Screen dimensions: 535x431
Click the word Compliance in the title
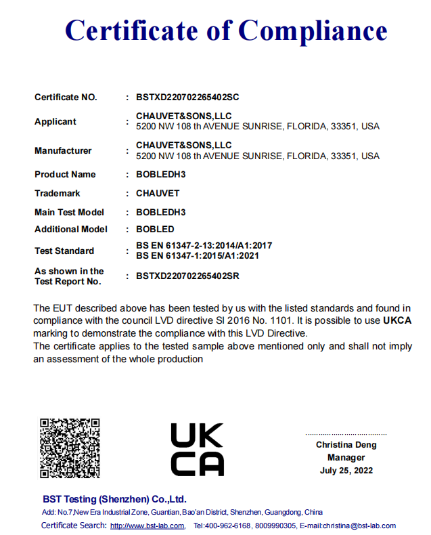(x=313, y=30)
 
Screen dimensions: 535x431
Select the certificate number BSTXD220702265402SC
(x=187, y=97)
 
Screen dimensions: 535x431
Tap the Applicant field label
(x=55, y=122)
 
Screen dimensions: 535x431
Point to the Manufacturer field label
(x=63, y=150)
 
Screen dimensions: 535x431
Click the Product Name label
(x=65, y=175)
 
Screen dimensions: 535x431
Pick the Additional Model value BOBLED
(x=155, y=230)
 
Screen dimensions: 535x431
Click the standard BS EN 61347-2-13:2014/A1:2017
(x=204, y=246)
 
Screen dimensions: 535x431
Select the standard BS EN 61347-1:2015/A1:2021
(x=197, y=255)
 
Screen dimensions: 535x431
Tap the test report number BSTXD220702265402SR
(x=187, y=276)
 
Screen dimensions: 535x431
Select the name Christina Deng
(x=346, y=445)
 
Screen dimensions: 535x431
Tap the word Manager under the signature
(x=346, y=457)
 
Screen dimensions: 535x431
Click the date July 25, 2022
(x=346, y=470)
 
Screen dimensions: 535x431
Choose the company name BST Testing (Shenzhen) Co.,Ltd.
(x=114, y=499)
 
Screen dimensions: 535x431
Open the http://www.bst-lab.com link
(x=147, y=526)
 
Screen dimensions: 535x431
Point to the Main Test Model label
(x=69, y=213)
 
